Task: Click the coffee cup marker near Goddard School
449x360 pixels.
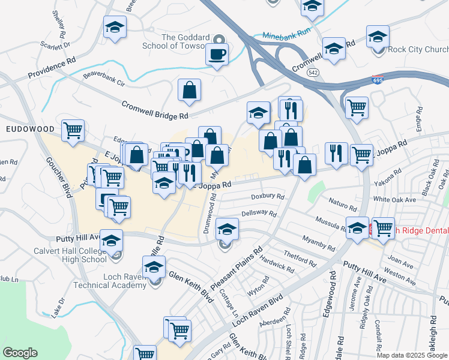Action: click(217, 54)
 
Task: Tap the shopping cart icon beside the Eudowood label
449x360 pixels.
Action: click(73, 130)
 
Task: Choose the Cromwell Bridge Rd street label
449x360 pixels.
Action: click(155, 109)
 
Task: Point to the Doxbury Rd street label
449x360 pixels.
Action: click(268, 196)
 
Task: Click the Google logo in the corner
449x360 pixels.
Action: click(20, 353)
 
